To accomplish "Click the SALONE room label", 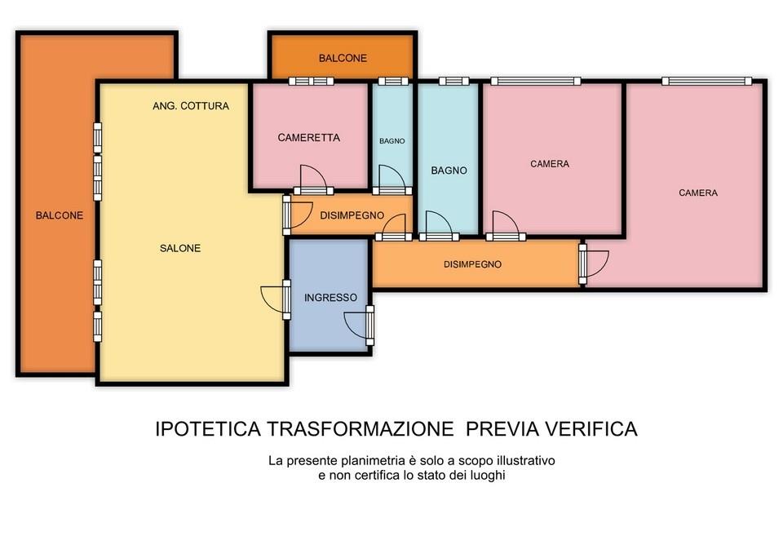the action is pos(180,248).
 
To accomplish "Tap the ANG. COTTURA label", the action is pos(191,106).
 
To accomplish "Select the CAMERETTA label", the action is pos(308,137).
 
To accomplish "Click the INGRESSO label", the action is pos(330,298).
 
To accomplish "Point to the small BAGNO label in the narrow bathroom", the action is pos(392,141).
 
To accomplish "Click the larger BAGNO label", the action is pos(449,171).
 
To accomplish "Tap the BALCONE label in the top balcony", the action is pos(343,58).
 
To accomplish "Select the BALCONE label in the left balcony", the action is pos(60,215).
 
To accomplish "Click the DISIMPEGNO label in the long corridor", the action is pos(472,264).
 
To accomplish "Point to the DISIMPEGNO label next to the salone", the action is pos(352,215).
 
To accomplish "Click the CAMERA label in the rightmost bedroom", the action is pos(698,193).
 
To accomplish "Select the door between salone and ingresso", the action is pos(276,299).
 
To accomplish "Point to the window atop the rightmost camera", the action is pos(706,81).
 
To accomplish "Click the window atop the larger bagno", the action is pos(454,81).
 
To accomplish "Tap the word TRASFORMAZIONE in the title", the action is pos(360,429).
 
